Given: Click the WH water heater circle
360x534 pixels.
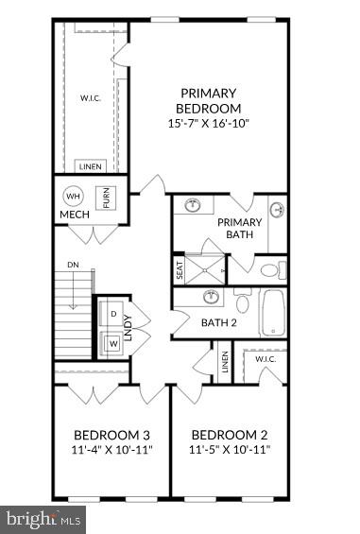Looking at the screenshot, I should [x=73, y=197].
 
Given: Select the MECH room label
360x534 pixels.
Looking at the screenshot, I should [x=75, y=215].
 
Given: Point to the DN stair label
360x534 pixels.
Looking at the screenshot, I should [x=73, y=264].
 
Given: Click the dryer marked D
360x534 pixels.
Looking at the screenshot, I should [x=113, y=313].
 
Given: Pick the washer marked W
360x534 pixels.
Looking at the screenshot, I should [x=113, y=342].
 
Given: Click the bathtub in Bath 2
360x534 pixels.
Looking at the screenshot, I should [x=274, y=313].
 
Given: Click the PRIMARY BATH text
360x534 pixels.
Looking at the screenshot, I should [x=239, y=229].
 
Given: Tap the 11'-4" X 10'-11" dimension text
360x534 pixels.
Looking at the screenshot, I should [x=112, y=449].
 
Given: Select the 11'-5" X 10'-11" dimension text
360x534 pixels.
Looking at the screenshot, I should [x=230, y=449].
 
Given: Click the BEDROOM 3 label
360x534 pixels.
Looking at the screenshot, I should [x=112, y=435].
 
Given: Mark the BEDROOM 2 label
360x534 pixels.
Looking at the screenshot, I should [x=230, y=435].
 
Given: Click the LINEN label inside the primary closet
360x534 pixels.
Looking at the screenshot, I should [x=91, y=165].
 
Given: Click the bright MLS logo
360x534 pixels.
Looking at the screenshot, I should [x=43, y=519].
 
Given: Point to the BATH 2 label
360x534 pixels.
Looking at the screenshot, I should [x=218, y=322].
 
